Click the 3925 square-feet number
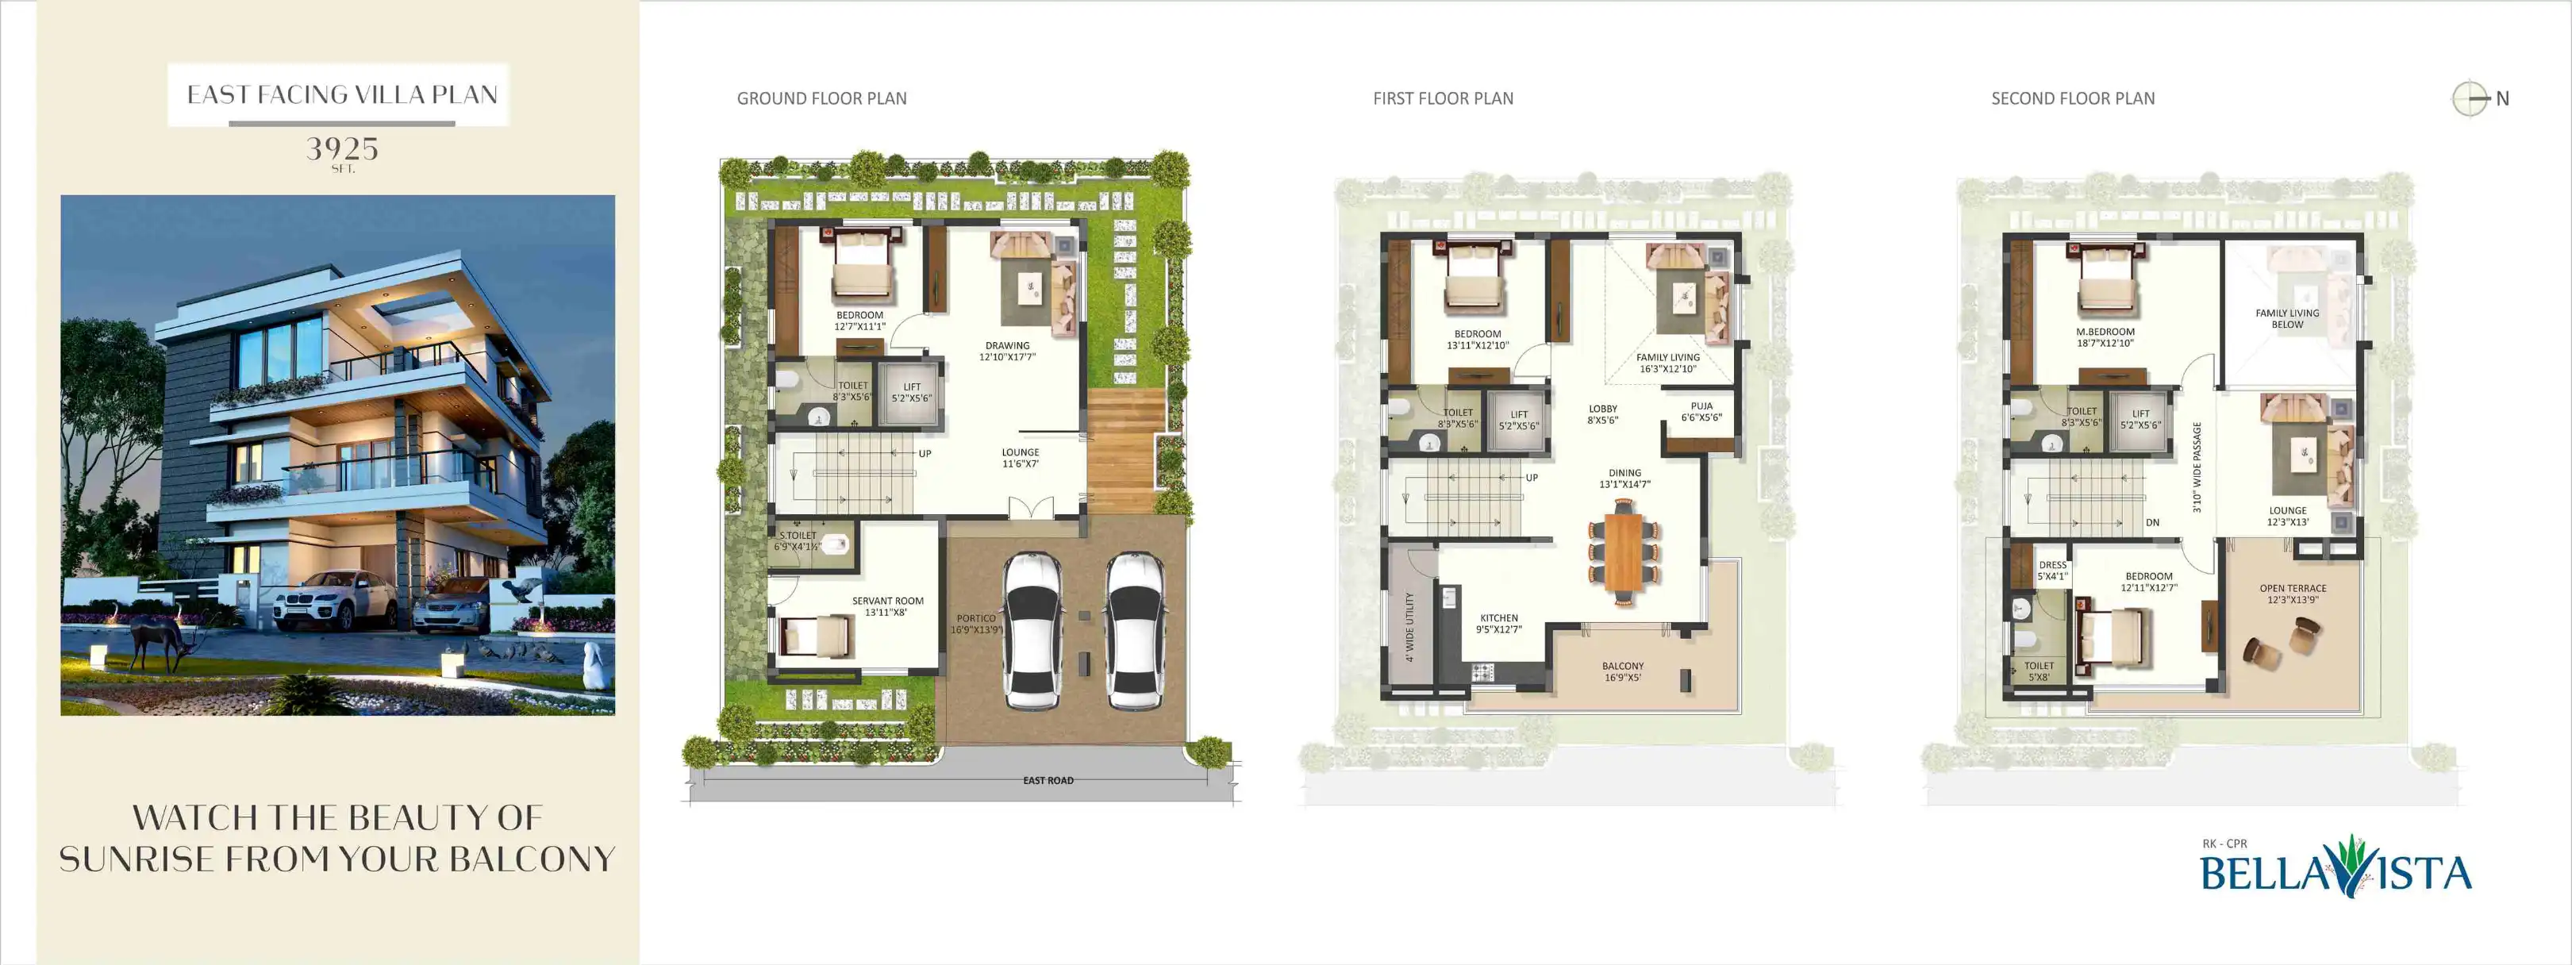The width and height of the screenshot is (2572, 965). [x=341, y=150]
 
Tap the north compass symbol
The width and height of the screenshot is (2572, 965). [x=2471, y=98]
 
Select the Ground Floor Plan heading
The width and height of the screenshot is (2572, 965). [x=821, y=98]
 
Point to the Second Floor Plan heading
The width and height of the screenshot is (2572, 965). [x=2073, y=98]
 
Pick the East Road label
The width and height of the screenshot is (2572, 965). [x=1048, y=780]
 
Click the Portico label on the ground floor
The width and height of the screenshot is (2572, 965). [x=976, y=623]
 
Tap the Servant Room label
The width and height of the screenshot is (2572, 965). [x=887, y=606]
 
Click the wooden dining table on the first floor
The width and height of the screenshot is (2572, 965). [x=1624, y=552]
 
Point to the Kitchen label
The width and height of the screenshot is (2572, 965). [x=1498, y=623]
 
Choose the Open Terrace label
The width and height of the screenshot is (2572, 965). [x=2293, y=594]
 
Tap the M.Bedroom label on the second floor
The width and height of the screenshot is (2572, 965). [x=2105, y=336]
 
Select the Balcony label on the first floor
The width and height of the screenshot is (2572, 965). [x=1622, y=671]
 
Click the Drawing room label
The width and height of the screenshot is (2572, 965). [x=1007, y=351]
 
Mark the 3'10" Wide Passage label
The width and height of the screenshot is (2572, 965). [x=2197, y=467]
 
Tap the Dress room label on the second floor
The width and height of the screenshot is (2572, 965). [x=2053, y=571]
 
